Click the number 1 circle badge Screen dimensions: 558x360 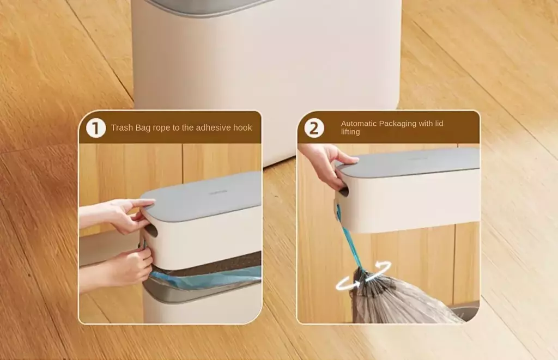[x=96, y=128]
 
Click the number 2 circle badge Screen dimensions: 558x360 [x=314, y=128]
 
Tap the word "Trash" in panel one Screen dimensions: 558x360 [x=122, y=127]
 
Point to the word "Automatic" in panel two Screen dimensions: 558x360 [x=359, y=124]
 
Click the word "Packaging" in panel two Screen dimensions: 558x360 [x=397, y=124]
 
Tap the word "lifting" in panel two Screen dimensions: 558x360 [x=350, y=132]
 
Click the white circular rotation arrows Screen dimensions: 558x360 [x=363, y=276]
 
